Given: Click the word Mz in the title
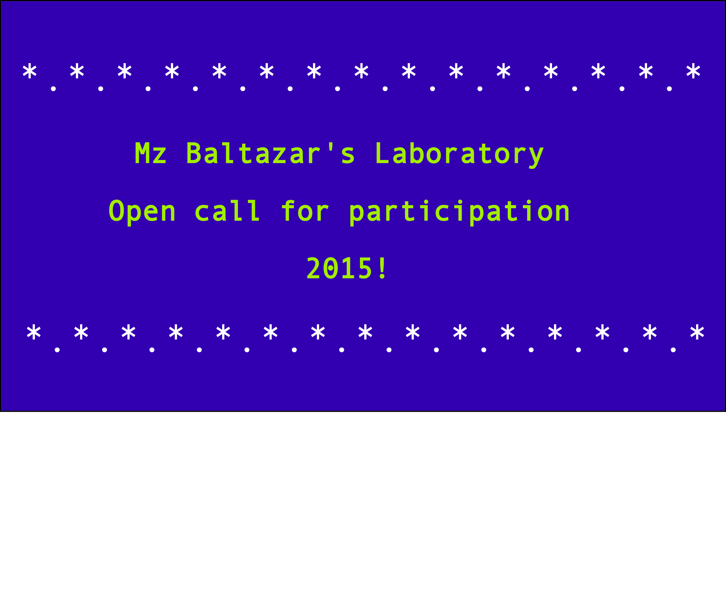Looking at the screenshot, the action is tap(151, 153).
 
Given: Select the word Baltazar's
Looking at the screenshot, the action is tap(271, 153).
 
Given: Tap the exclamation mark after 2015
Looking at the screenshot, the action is tap(382, 268).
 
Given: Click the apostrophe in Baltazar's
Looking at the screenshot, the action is tap(330, 147).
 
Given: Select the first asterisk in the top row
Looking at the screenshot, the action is tap(29, 71).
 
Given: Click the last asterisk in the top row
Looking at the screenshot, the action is tap(693, 71).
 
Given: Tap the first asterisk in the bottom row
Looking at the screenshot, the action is tap(34, 332).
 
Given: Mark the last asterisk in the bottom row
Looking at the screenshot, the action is tap(697, 332).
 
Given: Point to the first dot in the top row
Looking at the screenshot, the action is tap(53, 89).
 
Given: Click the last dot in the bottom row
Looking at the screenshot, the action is tap(673, 350).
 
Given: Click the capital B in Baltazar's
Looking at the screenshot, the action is tap(194, 153).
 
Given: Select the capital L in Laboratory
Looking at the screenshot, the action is tap(383, 153).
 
